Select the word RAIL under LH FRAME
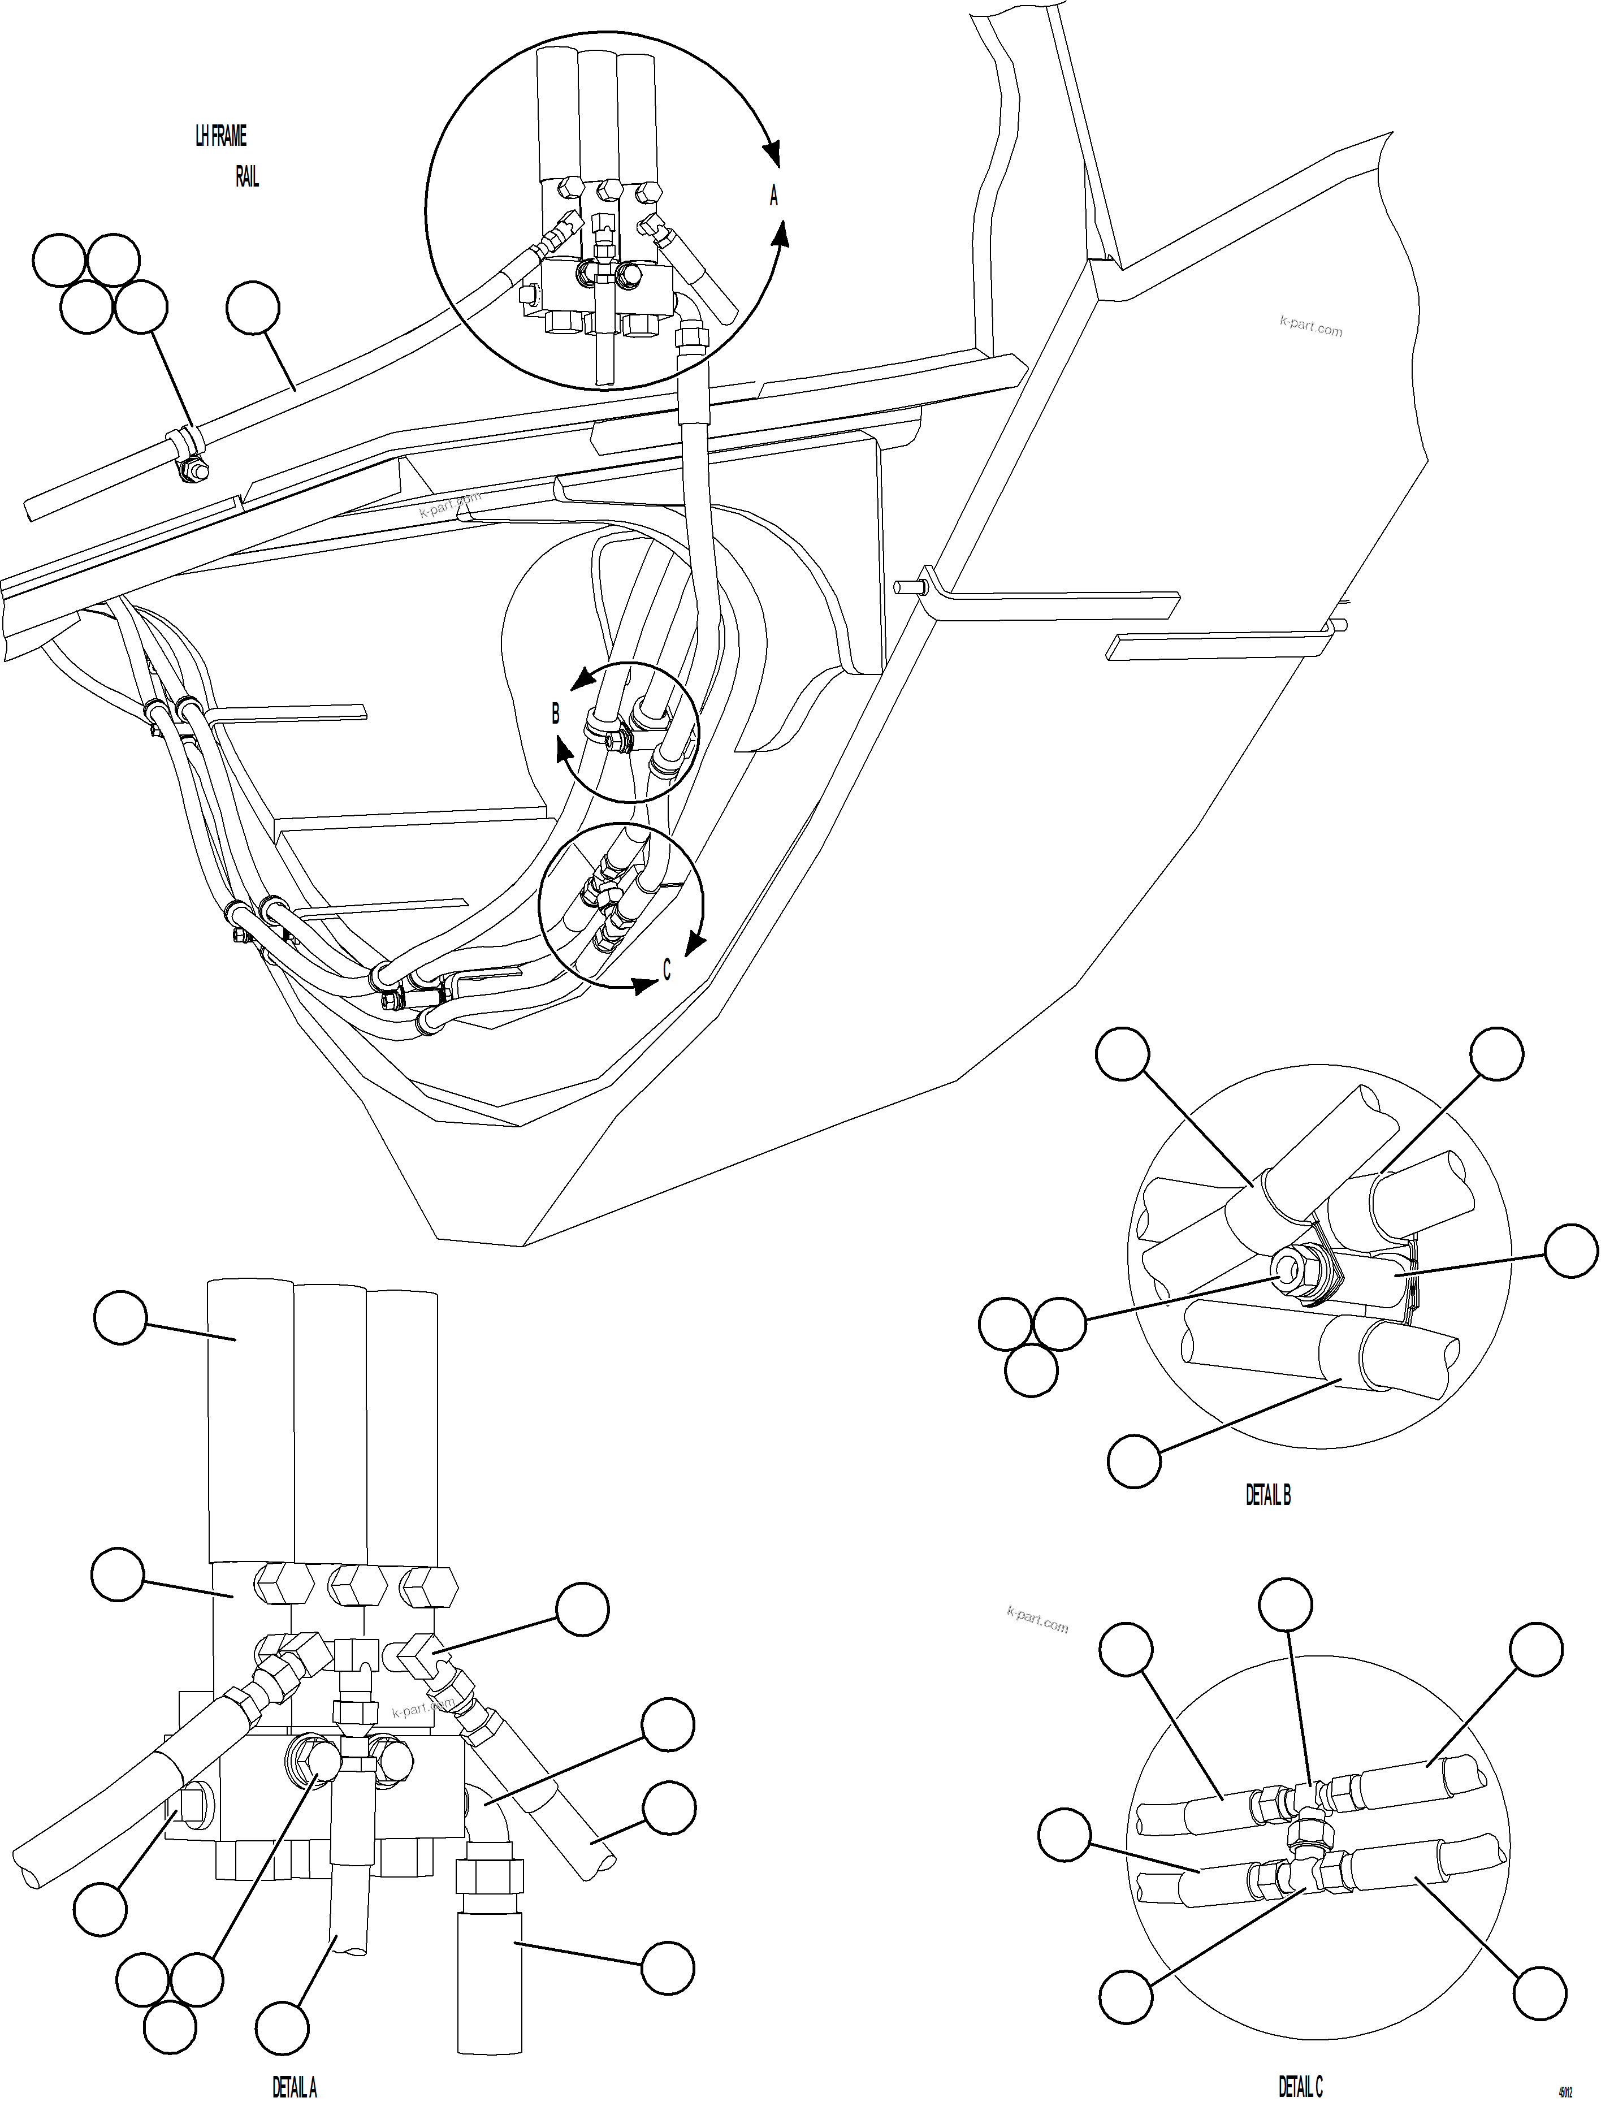(247, 177)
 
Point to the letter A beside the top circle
(774, 196)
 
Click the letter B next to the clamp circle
(556, 713)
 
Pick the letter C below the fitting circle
(666, 969)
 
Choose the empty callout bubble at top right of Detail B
(1496, 1054)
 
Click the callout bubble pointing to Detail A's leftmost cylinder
(120, 1319)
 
